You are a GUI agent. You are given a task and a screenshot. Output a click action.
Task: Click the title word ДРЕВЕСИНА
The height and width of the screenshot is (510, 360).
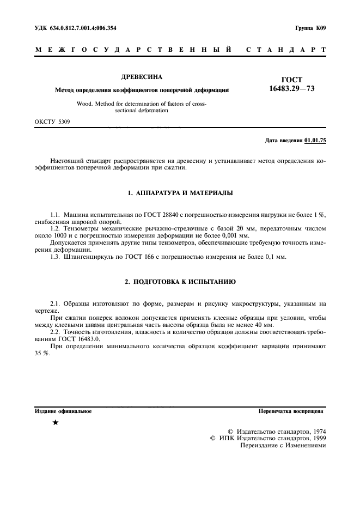(141, 77)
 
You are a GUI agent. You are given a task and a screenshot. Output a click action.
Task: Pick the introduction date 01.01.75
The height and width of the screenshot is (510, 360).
(315, 141)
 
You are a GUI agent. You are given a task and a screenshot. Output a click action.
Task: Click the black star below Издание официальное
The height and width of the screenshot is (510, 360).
(55, 423)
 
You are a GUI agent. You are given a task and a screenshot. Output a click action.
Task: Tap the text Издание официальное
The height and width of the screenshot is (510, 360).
(63, 411)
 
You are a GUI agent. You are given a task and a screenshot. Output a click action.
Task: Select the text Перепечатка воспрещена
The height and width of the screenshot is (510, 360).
(292, 411)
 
